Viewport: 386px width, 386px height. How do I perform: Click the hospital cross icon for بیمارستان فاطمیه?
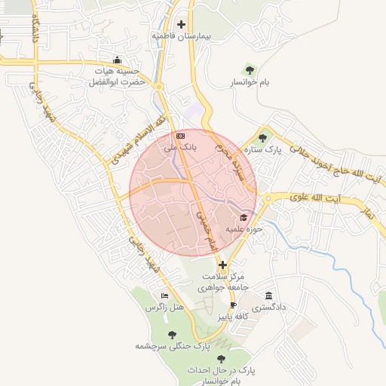pos(181,25)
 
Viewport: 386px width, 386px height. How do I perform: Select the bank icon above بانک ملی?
pos(180,136)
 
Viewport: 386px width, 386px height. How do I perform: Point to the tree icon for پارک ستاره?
pos(262,137)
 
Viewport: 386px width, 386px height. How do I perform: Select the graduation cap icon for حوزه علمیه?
pos(243,218)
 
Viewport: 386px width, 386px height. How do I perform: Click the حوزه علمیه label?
pos(243,229)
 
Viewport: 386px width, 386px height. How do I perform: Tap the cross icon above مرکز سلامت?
pos(222,265)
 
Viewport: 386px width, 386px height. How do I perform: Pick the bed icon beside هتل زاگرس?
pos(165,296)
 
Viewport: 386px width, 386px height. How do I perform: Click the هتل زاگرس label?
pos(165,308)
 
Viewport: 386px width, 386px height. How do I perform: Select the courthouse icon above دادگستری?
pos(268,296)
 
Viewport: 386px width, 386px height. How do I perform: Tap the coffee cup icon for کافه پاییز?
pos(233,305)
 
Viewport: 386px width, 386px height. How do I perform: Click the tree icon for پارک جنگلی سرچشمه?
pos(172,335)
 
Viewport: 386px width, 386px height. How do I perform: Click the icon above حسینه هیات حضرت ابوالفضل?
pos(116,60)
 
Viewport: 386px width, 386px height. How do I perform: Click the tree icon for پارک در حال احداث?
pos(221,360)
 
